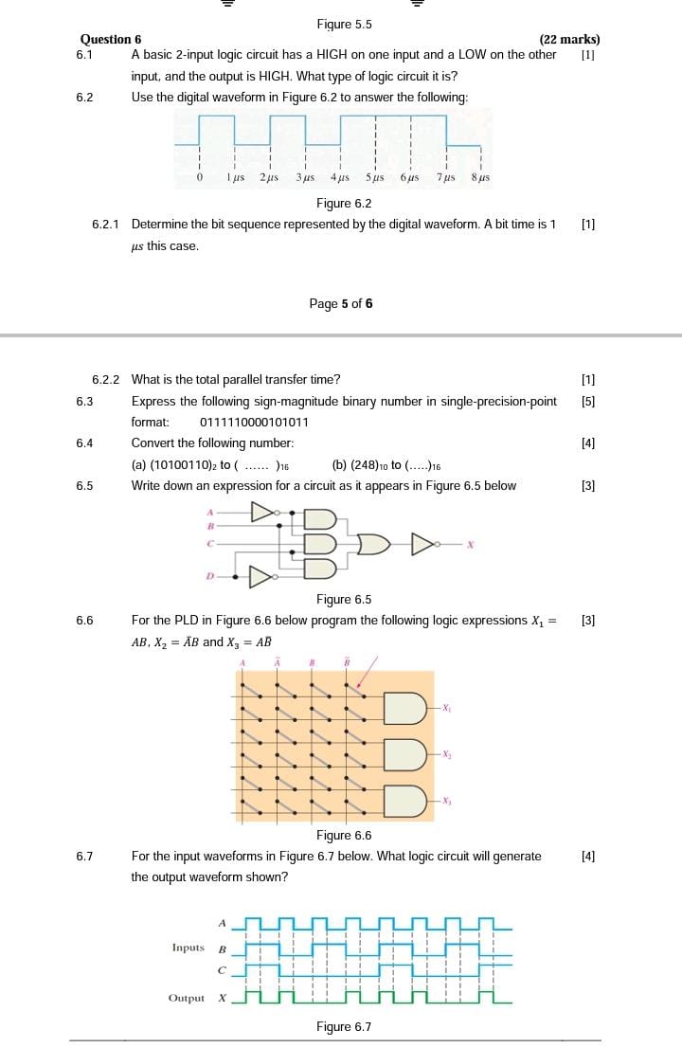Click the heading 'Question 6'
111,39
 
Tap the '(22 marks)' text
569,39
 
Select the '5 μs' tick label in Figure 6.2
375,177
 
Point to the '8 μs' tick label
480,177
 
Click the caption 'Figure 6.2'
344,203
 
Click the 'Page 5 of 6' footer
341,303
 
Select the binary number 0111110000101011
254,422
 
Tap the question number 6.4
84,443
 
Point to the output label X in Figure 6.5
469,544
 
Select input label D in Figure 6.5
209,575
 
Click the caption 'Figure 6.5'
344,599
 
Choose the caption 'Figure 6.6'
344,835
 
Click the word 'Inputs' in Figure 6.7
188,948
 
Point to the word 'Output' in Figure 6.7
186,998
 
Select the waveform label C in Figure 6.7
223,970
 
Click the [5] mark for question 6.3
588,401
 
